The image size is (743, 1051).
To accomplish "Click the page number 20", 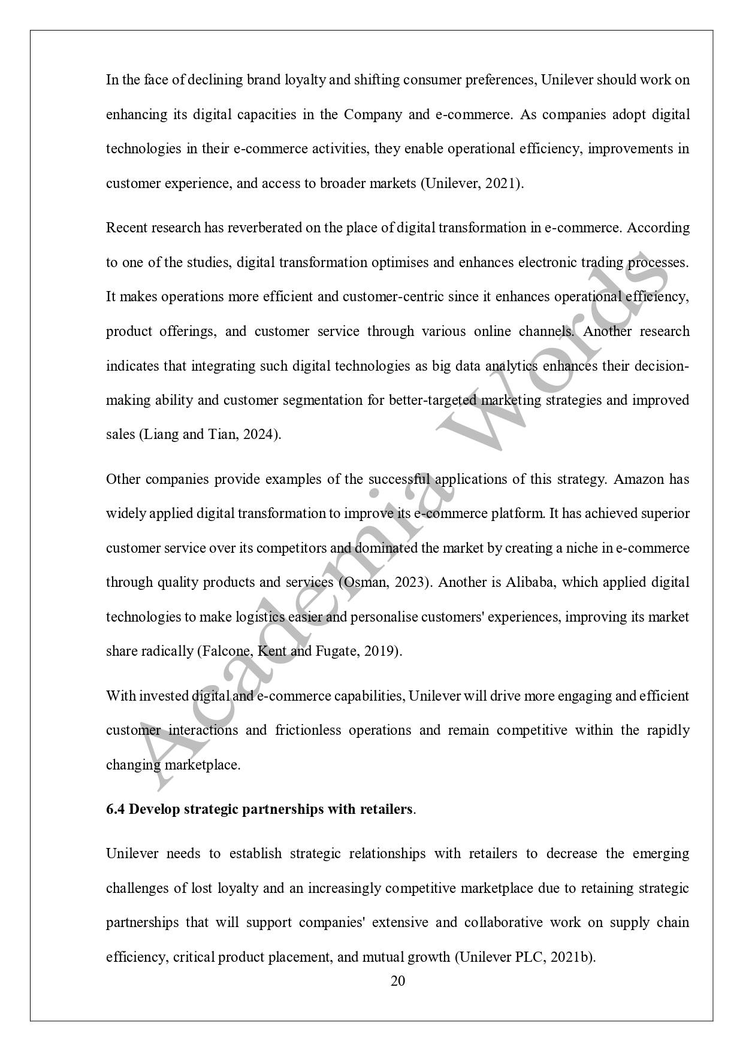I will (398, 981).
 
